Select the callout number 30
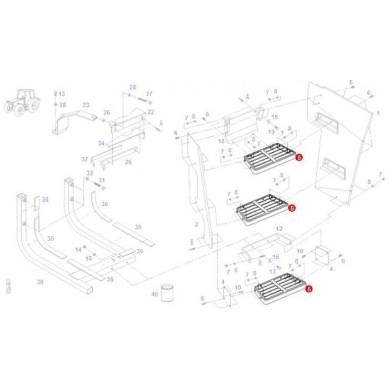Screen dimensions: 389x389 (x=40, y=282)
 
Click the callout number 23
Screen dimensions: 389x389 (x=86, y=104)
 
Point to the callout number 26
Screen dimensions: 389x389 (x=107, y=112)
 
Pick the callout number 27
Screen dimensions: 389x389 (x=149, y=94)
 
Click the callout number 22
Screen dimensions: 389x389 (x=150, y=112)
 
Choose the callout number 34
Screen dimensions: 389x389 (x=101, y=143)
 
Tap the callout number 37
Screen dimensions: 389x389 (x=84, y=159)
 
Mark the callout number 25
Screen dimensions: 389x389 (x=128, y=162)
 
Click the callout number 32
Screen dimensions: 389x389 (x=89, y=173)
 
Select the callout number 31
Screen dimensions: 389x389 (x=102, y=180)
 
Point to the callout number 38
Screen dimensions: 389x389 (x=104, y=204)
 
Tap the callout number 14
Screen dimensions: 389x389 (x=78, y=250)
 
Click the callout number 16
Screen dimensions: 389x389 (x=88, y=258)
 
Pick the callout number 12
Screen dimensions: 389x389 (x=279, y=228)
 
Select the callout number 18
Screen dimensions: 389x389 (x=221, y=142)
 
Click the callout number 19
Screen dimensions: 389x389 (x=272, y=132)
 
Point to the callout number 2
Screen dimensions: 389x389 (x=196, y=224)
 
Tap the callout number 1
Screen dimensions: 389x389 (x=378, y=113)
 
